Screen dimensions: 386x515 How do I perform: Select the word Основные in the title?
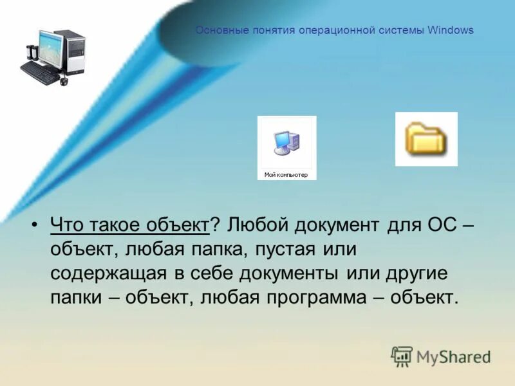tap(218, 30)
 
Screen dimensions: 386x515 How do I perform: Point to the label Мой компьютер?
tap(286, 175)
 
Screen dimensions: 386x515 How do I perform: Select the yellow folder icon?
tap(426, 139)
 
